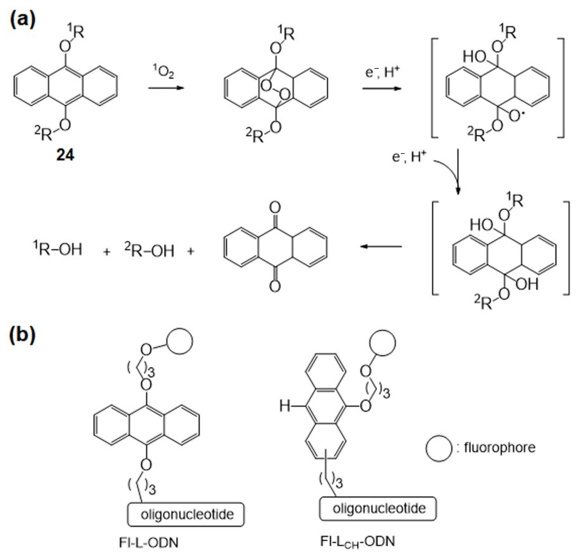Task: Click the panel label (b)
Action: tap(22, 334)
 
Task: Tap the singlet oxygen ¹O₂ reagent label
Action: tap(163, 71)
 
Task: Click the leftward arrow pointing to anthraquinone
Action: tap(381, 246)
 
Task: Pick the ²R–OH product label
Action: tap(149, 250)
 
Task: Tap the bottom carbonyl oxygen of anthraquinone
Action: tap(275, 286)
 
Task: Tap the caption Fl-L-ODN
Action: tap(149, 543)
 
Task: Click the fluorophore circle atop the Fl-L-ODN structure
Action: tap(179, 341)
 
